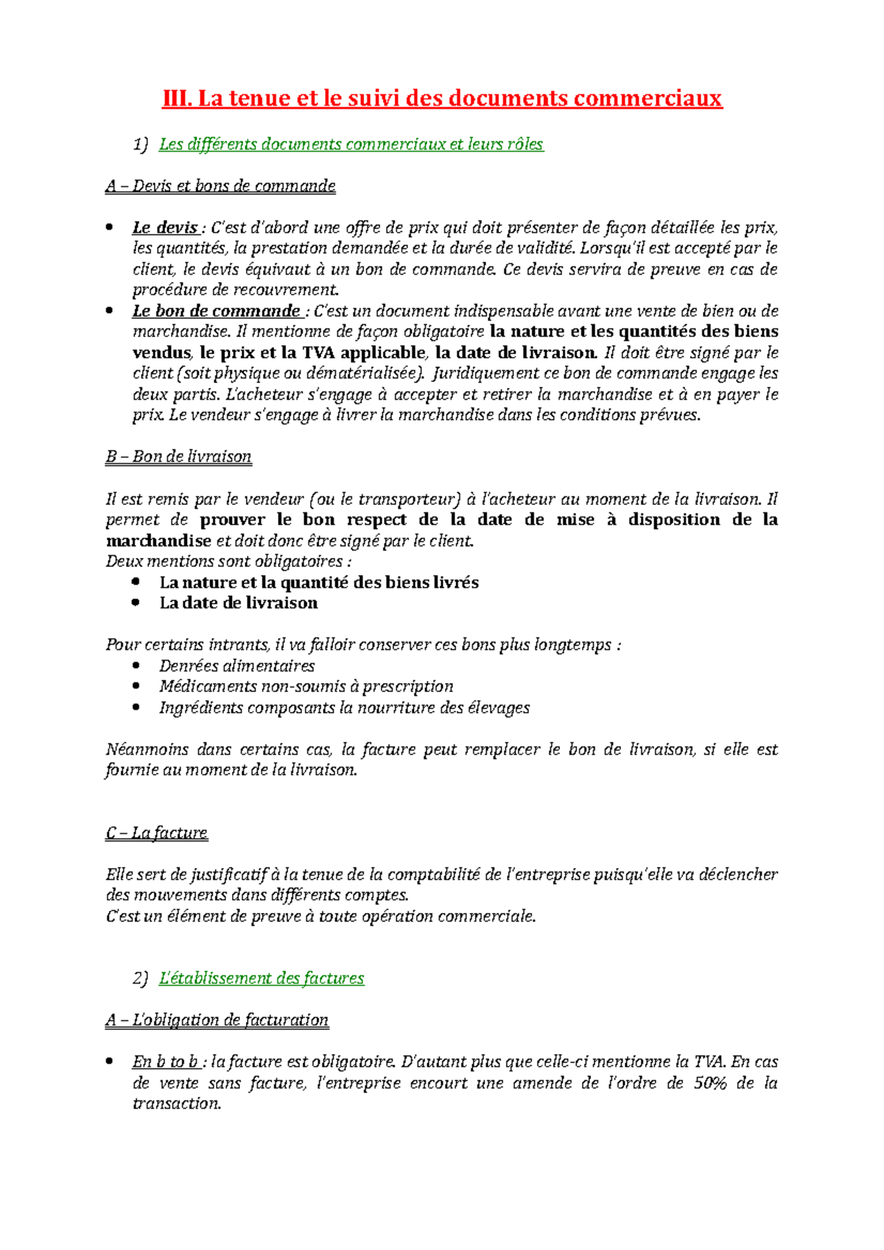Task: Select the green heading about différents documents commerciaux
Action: pos(351,144)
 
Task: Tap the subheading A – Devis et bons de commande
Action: pos(220,186)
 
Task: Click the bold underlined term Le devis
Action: pos(165,227)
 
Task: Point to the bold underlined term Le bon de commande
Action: pos(216,311)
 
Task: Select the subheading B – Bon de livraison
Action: pos(178,456)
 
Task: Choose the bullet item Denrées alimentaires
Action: pos(236,666)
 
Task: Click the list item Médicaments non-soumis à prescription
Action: pos(306,687)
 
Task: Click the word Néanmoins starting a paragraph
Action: pos(146,749)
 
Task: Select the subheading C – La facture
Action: pos(156,833)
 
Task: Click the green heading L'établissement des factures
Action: pos(261,978)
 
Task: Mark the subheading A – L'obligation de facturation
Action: pos(217,1020)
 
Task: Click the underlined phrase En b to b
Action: pos(166,1062)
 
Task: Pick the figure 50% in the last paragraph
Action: pos(710,1083)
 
